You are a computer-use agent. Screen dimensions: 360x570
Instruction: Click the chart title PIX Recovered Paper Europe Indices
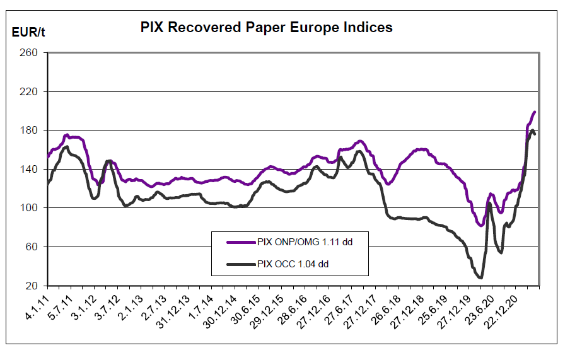[x=265, y=28]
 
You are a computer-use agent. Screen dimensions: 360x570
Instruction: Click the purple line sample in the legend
[x=240, y=241]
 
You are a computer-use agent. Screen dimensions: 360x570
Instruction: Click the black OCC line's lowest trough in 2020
[x=481, y=277]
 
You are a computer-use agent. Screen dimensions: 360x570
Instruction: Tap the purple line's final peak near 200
[x=535, y=112]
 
